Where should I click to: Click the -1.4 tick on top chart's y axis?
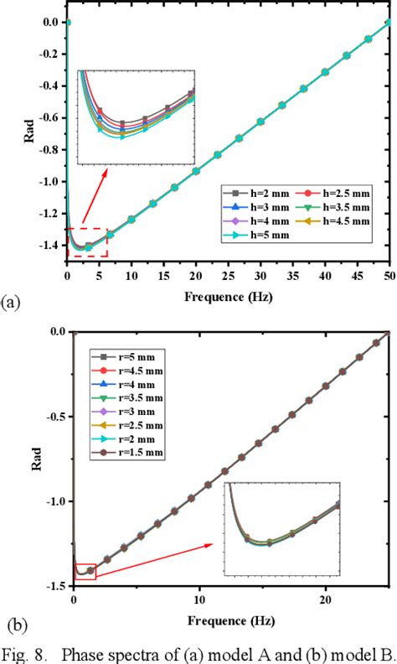(48, 246)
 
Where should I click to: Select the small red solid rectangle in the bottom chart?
(85, 572)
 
